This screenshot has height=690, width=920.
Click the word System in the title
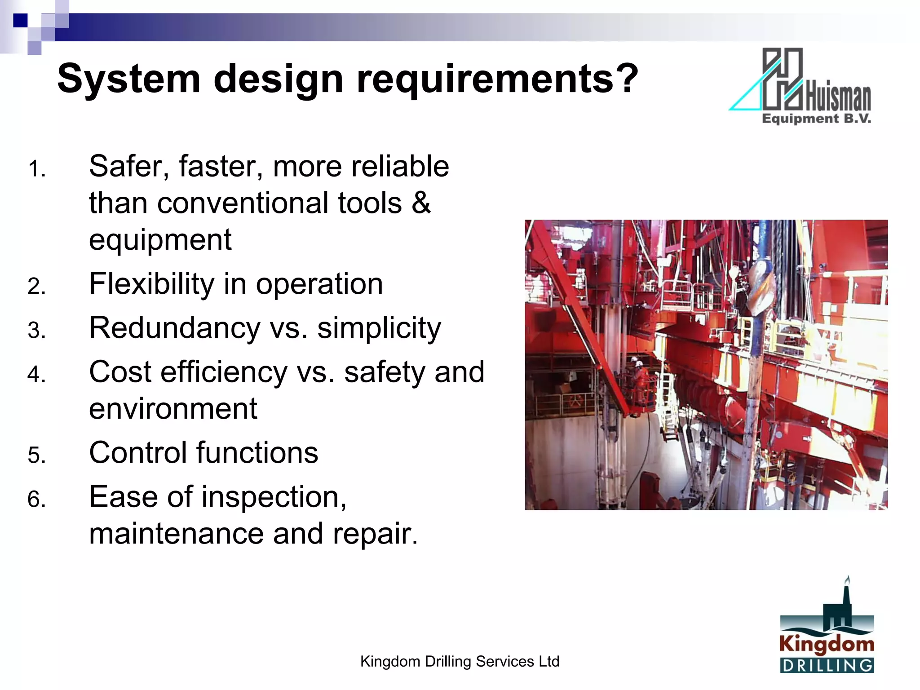point(128,79)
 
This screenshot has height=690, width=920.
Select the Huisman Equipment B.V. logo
point(800,86)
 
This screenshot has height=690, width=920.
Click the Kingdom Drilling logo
point(827,628)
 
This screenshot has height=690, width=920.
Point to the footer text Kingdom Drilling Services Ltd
point(460,661)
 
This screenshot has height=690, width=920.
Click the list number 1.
point(36,170)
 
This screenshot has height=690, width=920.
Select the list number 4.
point(36,375)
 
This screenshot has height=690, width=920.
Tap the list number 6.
point(36,500)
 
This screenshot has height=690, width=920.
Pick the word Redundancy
point(174,328)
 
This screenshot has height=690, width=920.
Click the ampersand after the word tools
point(421,203)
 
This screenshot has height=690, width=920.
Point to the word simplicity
point(379,329)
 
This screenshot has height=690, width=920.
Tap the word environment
point(173,409)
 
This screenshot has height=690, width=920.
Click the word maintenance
point(177,534)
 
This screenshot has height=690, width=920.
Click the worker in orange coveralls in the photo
point(638,377)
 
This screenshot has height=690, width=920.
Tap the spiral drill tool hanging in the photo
point(759,287)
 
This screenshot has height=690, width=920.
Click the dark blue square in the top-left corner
point(20,21)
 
